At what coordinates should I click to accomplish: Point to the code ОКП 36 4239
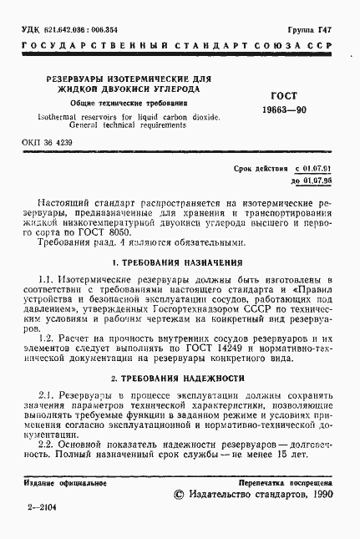[48, 143]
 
